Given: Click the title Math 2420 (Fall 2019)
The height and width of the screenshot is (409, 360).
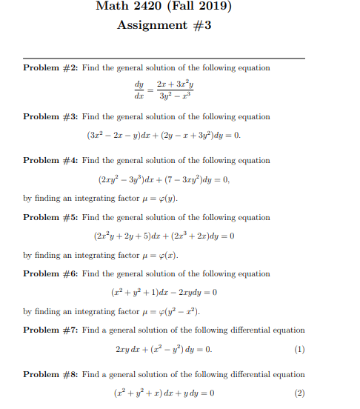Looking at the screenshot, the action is coord(164,8).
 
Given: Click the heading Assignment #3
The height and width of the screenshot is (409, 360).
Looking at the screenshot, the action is coord(164,26).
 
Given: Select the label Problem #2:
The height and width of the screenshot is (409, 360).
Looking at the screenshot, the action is coord(50,68).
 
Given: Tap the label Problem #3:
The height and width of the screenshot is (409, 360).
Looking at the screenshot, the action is coord(50,117).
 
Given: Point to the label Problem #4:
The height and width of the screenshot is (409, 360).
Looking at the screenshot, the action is coord(50,161).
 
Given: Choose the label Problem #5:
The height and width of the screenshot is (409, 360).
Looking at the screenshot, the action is coord(50,218).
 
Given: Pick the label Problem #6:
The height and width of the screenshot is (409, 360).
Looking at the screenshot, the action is coord(50,274).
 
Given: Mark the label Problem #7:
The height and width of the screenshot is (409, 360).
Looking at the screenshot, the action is coord(50,330).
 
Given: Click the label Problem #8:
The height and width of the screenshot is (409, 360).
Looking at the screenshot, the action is coord(50,375).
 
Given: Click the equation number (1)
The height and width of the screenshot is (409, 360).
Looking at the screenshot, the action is coord(299,349).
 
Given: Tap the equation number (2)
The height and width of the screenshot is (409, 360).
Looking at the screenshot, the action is coord(299,393).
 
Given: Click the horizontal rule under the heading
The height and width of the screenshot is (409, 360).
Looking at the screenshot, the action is coord(164,58).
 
